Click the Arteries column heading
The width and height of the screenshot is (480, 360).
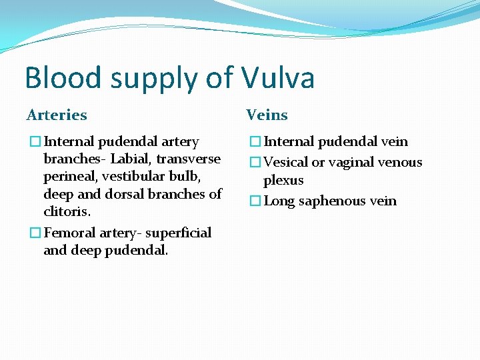click(57, 115)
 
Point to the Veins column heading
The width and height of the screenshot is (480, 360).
click(267, 115)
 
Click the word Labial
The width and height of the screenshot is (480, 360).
click(130, 159)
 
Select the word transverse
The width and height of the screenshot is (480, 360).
click(188, 159)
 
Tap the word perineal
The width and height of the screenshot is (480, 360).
click(69, 177)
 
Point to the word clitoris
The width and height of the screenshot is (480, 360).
click(67, 211)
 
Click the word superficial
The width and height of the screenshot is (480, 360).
click(178, 233)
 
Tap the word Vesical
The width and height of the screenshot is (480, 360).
click(286, 162)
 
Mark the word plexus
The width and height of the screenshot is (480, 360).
click(283, 181)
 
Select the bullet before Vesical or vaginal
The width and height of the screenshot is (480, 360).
click(254, 162)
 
